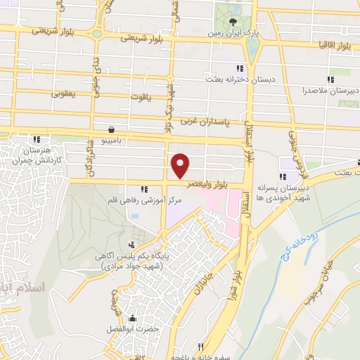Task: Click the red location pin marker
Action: point(181,165)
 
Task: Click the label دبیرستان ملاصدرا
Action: point(331,91)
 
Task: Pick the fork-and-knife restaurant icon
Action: point(200,347)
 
